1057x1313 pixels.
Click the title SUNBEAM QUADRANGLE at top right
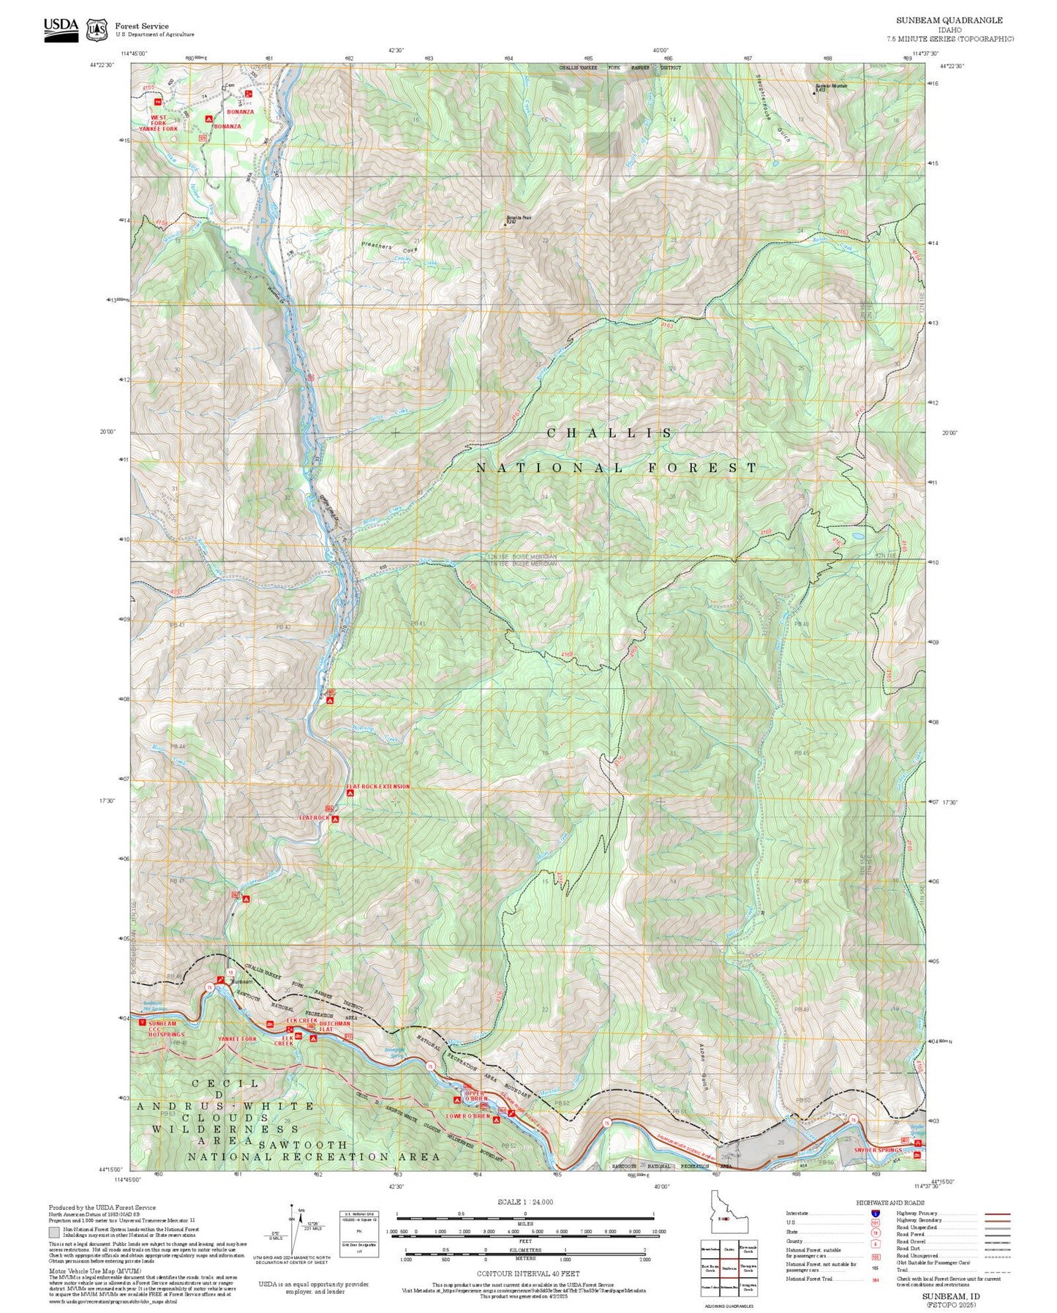tap(949, 20)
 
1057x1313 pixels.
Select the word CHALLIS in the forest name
tap(610, 433)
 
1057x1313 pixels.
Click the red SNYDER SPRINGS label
tap(879, 1151)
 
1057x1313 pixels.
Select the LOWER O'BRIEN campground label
tap(468, 1116)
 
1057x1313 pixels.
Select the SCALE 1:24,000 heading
tap(524, 1202)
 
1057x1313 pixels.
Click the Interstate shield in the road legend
tap(875, 1213)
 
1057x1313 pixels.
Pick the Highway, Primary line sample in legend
tap(996, 1213)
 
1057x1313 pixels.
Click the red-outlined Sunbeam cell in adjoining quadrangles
tap(728, 1268)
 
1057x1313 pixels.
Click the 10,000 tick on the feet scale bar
tap(658, 1232)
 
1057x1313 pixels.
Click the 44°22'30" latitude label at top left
tap(102, 66)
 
